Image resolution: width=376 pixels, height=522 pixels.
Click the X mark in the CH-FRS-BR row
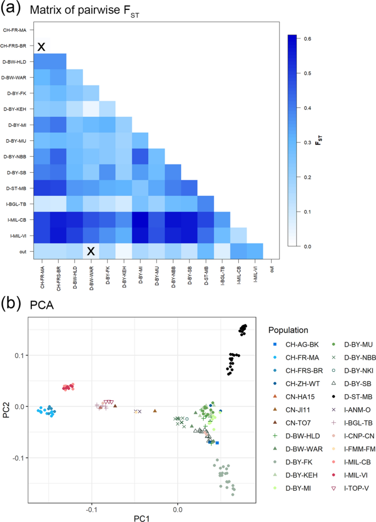[x=41, y=47]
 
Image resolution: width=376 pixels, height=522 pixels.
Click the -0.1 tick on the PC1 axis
[x=91, y=495]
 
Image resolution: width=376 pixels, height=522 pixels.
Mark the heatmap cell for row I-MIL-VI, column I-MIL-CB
[x=238, y=235]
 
